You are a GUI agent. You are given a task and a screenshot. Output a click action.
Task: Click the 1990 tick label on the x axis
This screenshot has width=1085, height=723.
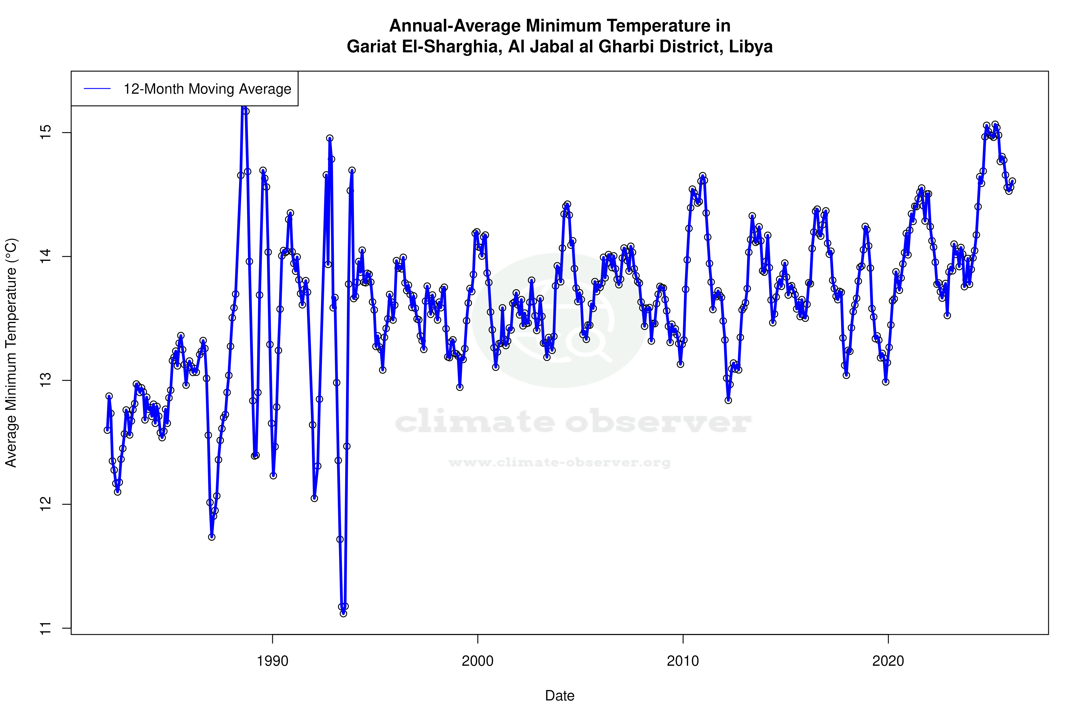point(272,661)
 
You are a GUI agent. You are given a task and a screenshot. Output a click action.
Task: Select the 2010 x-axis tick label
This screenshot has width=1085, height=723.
point(683,661)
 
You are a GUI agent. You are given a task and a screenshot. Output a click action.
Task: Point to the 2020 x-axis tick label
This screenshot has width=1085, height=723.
point(888,661)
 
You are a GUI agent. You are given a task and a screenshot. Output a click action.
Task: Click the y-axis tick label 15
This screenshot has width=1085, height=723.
point(46,133)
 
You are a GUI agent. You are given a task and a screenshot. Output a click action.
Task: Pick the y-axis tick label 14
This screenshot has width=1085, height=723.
point(46,256)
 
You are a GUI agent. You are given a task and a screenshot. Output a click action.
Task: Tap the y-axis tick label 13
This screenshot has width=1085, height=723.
point(46,380)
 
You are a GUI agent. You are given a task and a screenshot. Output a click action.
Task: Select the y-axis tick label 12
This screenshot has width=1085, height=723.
point(46,504)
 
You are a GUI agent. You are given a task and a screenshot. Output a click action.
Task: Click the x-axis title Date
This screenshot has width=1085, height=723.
point(560,696)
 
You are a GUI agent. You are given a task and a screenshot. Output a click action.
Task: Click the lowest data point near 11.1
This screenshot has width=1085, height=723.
point(343,613)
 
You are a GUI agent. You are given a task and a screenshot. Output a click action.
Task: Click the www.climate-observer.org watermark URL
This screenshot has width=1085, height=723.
point(560,462)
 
